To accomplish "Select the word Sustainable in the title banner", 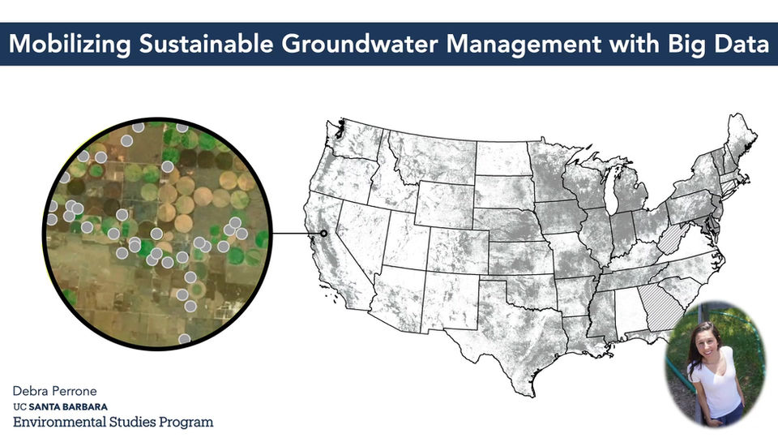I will [x=199, y=45].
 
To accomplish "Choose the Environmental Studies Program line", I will [x=113, y=422].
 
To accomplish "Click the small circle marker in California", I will [x=324, y=234].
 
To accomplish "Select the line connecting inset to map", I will [x=296, y=234].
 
